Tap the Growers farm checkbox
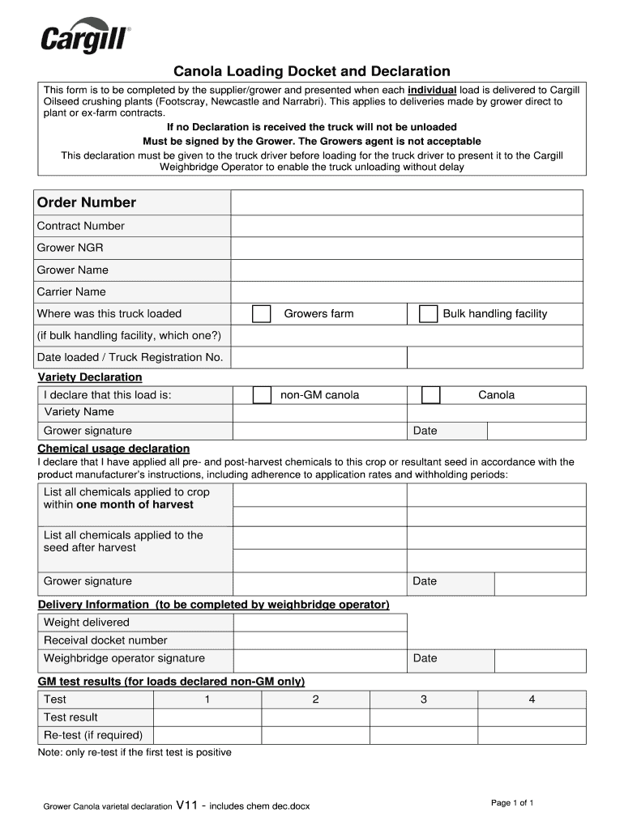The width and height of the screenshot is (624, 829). pyautogui.click(x=261, y=314)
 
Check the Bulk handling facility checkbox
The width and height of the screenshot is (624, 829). pyautogui.click(x=428, y=314)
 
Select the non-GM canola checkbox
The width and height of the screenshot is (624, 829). pyautogui.click(x=262, y=395)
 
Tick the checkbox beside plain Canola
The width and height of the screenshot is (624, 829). pyautogui.click(x=430, y=395)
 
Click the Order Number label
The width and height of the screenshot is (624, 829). pyautogui.click(x=87, y=202)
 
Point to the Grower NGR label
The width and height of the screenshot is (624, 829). pyautogui.click(x=70, y=248)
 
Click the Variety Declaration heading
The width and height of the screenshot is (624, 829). pyautogui.click(x=90, y=377)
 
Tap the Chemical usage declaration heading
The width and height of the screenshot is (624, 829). pyautogui.click(x=113, y=449)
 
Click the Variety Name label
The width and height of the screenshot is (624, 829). pyautogui.click(x=79, y=412)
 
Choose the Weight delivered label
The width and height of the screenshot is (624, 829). pyautogui.click(x=87, y=623)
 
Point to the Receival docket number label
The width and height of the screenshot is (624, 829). pyautogui.click(x=105, y=640)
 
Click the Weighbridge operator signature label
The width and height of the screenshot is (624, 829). pyautogui.click(x=124, y=658)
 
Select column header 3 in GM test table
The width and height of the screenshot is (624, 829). pyautogui.click(x=423, y=699)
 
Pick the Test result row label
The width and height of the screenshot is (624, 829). pyautogui.click(x=71, y=717)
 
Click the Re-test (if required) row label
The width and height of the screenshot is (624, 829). pyautogui.click(x=93, y=735)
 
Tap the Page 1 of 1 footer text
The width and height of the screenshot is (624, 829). pyautogui.click(x=512, y=803)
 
